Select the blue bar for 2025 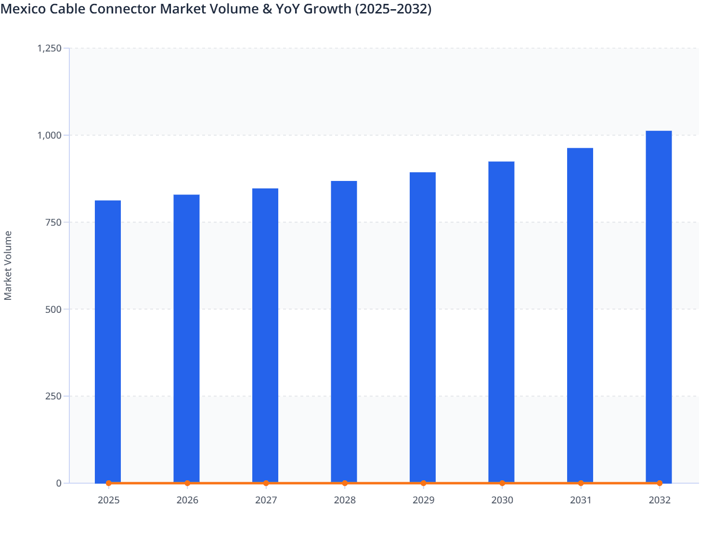coord(108,341)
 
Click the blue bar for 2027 coord(265,335)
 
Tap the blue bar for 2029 coord(423,327)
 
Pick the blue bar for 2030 coord(501,322)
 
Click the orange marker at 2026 coord(187,483)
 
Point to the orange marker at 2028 coord(345,483)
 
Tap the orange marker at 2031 coord(581,483)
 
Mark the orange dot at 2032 coord(660,483)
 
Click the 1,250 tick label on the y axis coord(49,48)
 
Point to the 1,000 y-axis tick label coord(49,135)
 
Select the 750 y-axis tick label coord(53,222)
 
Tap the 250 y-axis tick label coord(53,396)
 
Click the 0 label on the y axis coord(59,483)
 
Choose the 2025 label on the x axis coord(108,500)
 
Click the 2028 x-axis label coord(345,500)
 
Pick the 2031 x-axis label coord(581,500)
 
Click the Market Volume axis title coord(8,266)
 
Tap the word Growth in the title coord(327,9)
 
